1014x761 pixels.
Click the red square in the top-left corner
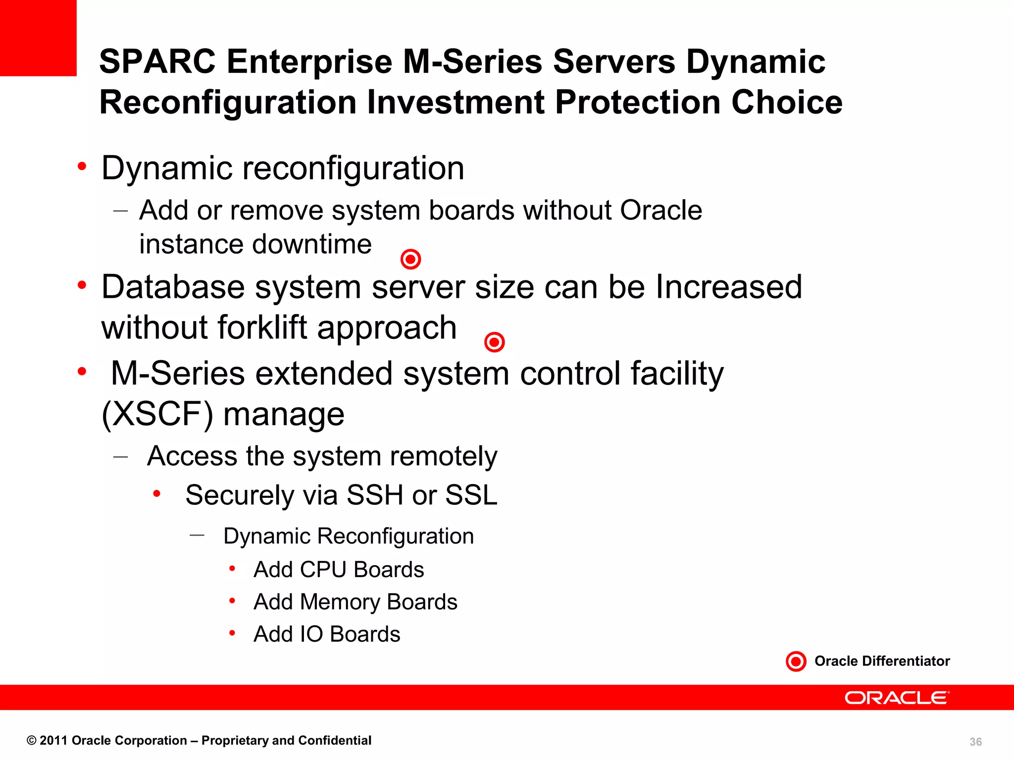click(x=38, y=38)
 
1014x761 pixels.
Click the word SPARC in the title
click(x=157, y=62)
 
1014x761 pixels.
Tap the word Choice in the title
click(x=787, y=103)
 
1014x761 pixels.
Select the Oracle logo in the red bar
click(x=897, y=698)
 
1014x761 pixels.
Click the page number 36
click(x=975, y=742)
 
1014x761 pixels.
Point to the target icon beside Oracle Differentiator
click(x=796, y=661)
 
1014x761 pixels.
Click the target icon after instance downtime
click(x=410, y=259)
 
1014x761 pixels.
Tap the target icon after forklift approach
click(x=494, y=342)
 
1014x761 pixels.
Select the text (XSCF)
click(x=157, y=414)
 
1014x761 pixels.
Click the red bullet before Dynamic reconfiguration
click(x=82, y=166)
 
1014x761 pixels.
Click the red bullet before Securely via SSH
click(x=156, y=493)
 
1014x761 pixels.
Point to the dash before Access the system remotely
click(x=120, y=456)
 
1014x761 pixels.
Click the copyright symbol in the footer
click(x=31, y=741)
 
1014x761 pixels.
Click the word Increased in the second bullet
click(x=728, y=287)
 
